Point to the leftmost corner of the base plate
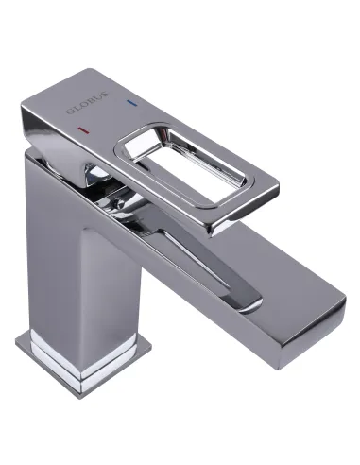[17, 337]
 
